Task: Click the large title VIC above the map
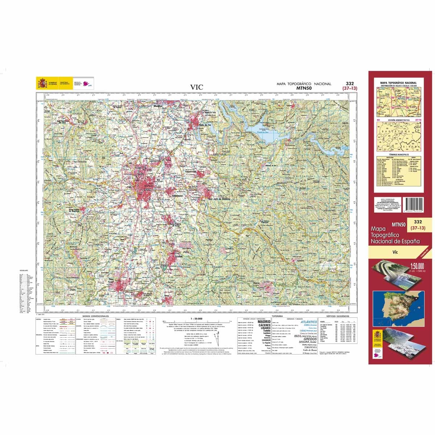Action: tap(197, 87)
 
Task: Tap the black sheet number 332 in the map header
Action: tap(350, 83)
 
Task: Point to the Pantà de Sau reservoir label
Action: tap(268, 132)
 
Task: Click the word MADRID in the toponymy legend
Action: tap(264, 322)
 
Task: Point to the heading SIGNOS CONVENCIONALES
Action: tap(96, 316)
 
